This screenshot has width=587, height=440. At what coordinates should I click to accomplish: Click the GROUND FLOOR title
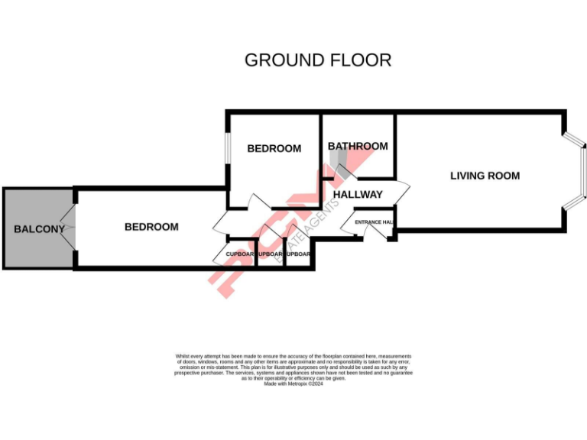[x=317, y=60]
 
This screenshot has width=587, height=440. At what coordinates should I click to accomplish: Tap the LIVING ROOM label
[x=485, y=176]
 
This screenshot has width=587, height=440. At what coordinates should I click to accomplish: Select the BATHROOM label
[x=358, y=146]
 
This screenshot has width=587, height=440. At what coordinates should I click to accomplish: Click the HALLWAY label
[x=358, y=194]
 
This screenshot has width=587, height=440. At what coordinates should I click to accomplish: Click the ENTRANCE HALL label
[x=374, y=222]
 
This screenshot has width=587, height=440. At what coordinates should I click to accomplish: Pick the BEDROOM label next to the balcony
[x=151, y=227]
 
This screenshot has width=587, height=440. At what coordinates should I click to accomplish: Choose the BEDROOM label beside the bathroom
[x=274, y=148]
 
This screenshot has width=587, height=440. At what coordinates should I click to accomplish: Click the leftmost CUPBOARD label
[x=241, y=254]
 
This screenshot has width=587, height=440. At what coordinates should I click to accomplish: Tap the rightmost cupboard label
[x=298, y=254]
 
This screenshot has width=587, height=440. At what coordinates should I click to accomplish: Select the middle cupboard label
[x=271, y=254]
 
